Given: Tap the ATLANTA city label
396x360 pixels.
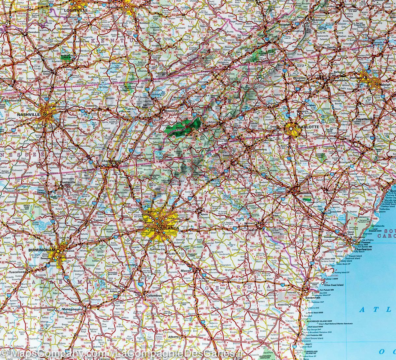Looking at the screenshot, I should pos(169,228).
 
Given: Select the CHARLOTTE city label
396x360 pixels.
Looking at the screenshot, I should pos(307,126).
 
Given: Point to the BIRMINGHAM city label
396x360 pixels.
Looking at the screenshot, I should pos(42,250).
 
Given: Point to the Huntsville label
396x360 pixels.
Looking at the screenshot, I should pos(68,182).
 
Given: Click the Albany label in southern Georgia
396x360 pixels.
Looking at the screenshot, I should pos(173,337).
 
